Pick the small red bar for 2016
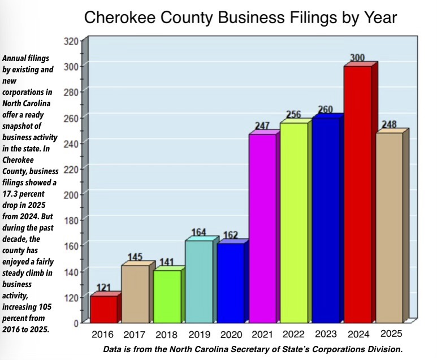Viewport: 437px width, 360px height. click(x=103, y=309)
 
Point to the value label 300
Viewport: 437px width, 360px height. click(x=357, y=58)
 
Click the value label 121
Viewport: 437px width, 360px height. click(x=103, y=288)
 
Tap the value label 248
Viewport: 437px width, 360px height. click(x=390, y=124)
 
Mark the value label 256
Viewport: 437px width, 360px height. click(x=294, y=114)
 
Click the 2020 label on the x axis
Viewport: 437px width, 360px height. click(x=231, y=335)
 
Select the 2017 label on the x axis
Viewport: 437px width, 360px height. click(x=135, y=335)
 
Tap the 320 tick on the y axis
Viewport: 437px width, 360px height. click(x=71, y=41)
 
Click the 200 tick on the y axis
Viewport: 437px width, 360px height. click(x=71, y=194)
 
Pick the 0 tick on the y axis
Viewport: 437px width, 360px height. click(x=75, y=323)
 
